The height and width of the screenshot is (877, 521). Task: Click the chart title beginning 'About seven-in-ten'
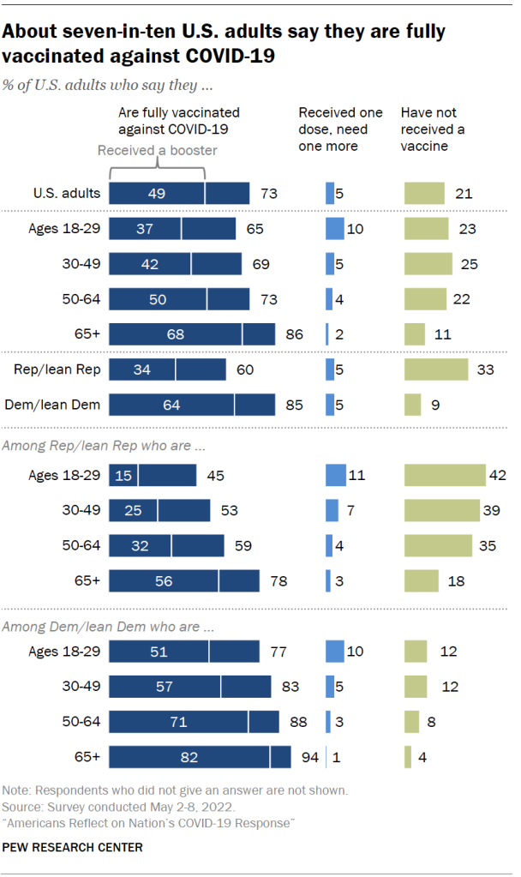(x=225, y=45)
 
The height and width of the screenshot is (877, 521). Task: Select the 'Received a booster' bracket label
(x=157, y=151)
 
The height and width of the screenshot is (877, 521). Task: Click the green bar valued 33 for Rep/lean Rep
(x=436, y=369)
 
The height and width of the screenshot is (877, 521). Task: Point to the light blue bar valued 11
(x=336, y=475)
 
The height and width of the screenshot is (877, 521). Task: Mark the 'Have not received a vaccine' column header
(x=433, y=129)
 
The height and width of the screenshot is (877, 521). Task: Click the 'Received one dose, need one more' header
(x=339, y=129)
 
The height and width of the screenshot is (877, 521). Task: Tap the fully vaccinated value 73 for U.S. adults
(x=269, y=194)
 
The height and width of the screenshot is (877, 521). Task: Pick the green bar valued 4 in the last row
(x=407, y=758)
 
